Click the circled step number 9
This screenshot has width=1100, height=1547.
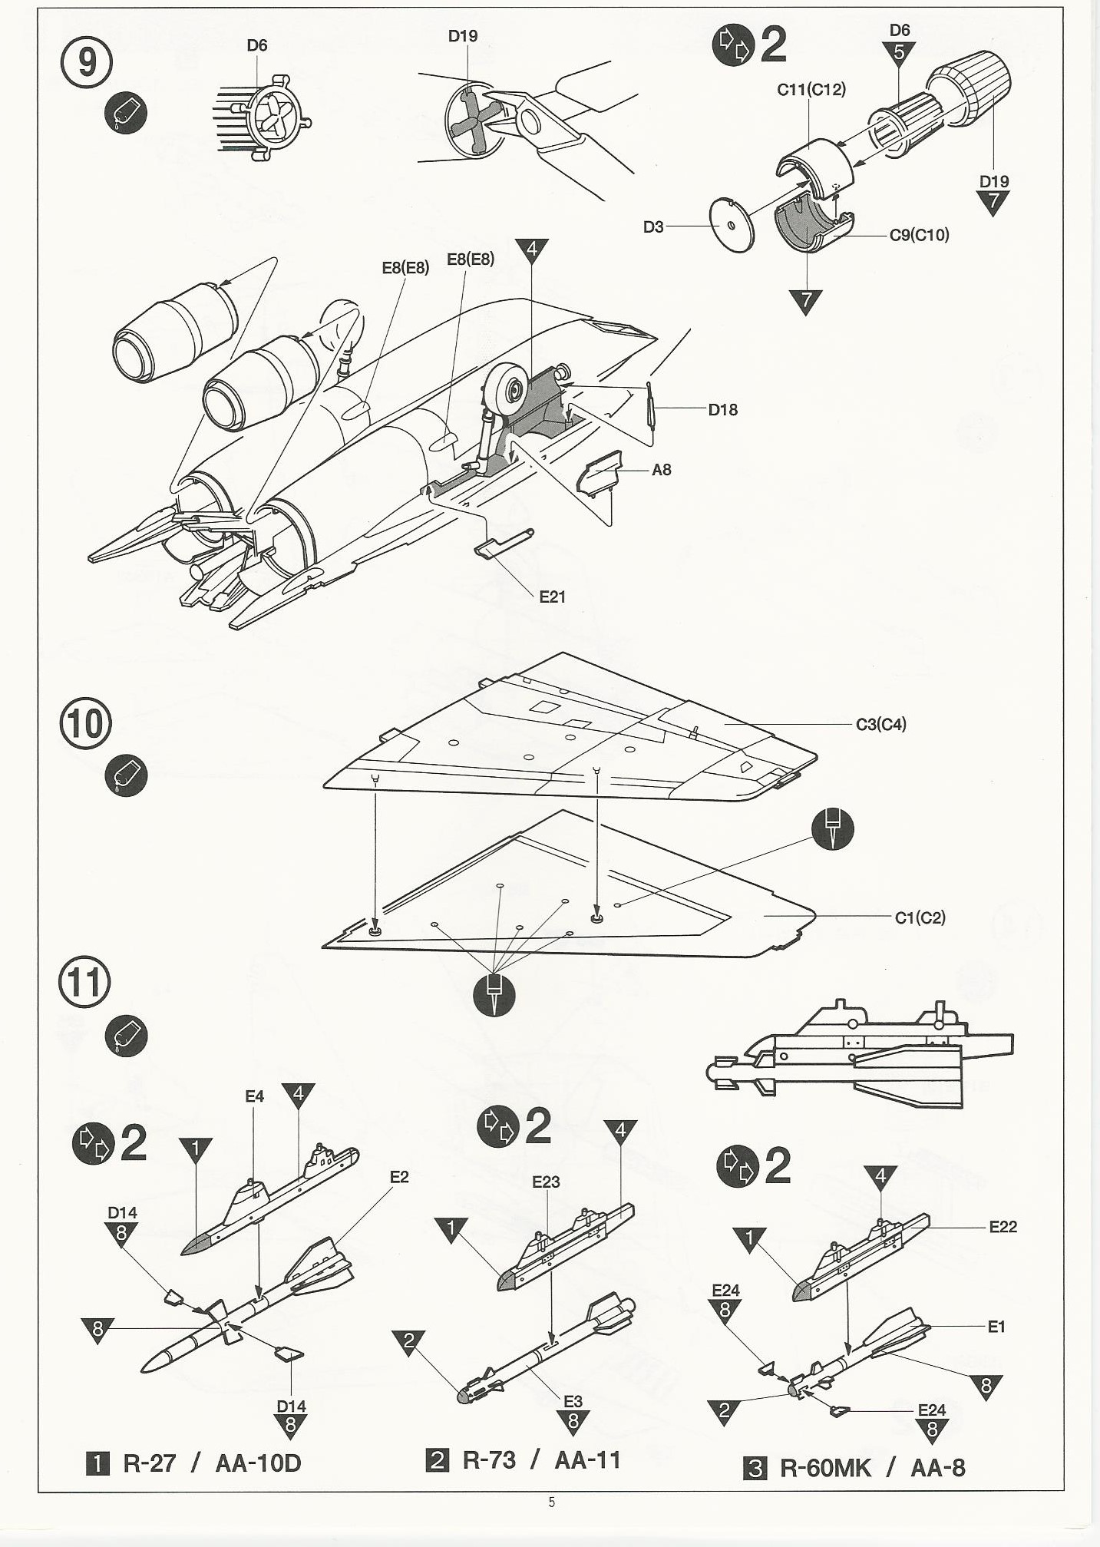pyautogui.click(x=86, y=61)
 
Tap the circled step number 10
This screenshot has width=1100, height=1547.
pyautogui.click(x=85, y=723)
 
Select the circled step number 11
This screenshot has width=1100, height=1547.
pyautogui.click(x=84, y=982)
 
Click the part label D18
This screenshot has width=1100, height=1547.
pyautogui.click(x=722, y=410)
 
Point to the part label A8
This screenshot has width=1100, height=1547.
pyautogui.click(x=661, y=470)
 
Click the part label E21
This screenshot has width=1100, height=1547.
pyautogui.click(x=552, y=597)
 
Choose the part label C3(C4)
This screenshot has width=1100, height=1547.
pyautogui.click(x=880, y=724)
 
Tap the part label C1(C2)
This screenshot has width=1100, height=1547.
pyautogui.click(x=920, y=917)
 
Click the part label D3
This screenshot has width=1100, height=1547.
pyautogui.click(x=652, y=227)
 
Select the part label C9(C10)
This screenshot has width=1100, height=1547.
pyautogui.click(x=919, y=235)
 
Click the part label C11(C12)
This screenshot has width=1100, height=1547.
pyautogui.click(x=811, y=90)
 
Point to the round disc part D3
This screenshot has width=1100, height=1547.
pyautogui.click(x=732, y=225)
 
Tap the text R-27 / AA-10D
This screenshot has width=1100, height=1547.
pyautogui.click(x=211, y=1463)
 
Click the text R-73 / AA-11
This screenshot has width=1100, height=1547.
pyautogui.click(x=540, y=1459)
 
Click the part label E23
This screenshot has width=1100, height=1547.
pyautogui.click(x=546, y=1182)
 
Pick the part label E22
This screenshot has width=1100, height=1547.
pyautogui.click(x=1003, y=1227)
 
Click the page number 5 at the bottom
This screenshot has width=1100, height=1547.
pyautogui.click(x=551, y=1502)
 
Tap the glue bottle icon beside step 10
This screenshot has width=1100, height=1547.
pyautogui.click(x=125, y=775)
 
